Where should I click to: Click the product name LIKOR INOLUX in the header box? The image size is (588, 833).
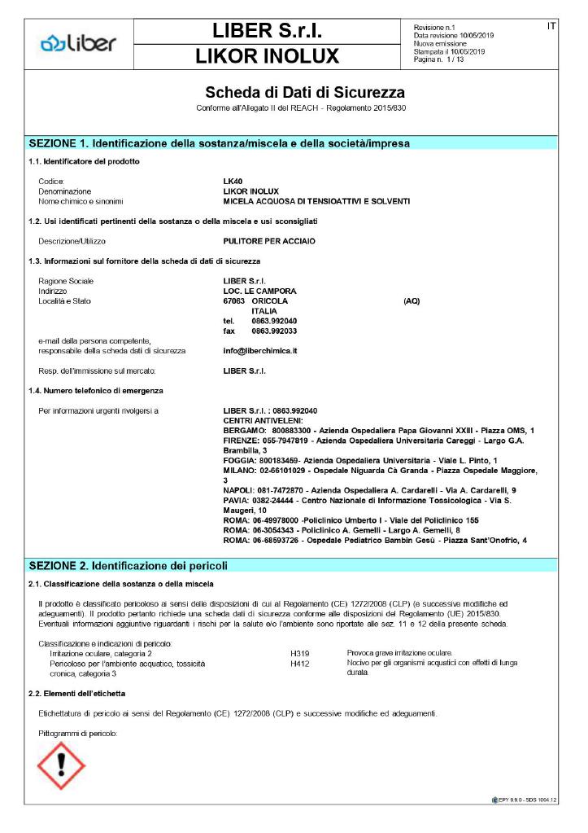(x=267, y=56)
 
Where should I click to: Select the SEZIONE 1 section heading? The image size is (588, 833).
(x=219, y=143)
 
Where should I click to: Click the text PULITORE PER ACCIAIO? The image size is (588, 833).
(x=268, y=242)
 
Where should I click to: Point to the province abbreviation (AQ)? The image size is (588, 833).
(x=412, y=301)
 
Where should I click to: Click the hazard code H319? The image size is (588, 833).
(x=300, y=654)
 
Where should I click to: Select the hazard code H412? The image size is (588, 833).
(x=300, y=664)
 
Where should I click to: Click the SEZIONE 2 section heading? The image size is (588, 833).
(x=128, y=565)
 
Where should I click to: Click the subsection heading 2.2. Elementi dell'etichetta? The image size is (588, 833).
(x=76, y=692)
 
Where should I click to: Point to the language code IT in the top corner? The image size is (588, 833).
(x=551, y=27)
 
